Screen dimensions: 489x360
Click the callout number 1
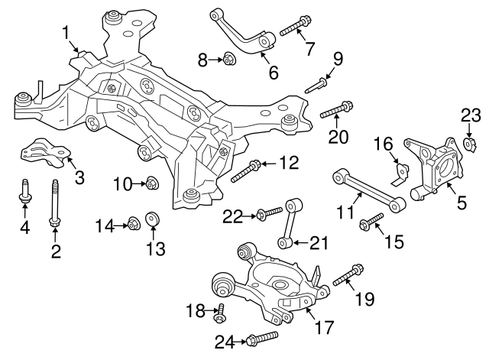point(66,33)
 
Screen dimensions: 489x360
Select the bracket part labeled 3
point(46,152)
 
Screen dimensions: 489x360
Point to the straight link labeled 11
point(370,190)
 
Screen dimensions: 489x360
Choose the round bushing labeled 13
point(153,218)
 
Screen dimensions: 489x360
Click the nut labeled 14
point(134,222)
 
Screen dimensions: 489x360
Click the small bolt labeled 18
point(220,313)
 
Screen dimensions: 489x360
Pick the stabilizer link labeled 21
point(290,223)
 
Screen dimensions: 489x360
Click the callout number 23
point(471,115)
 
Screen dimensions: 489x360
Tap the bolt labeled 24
point(262,339)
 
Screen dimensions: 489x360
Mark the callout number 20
point(338,136)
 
